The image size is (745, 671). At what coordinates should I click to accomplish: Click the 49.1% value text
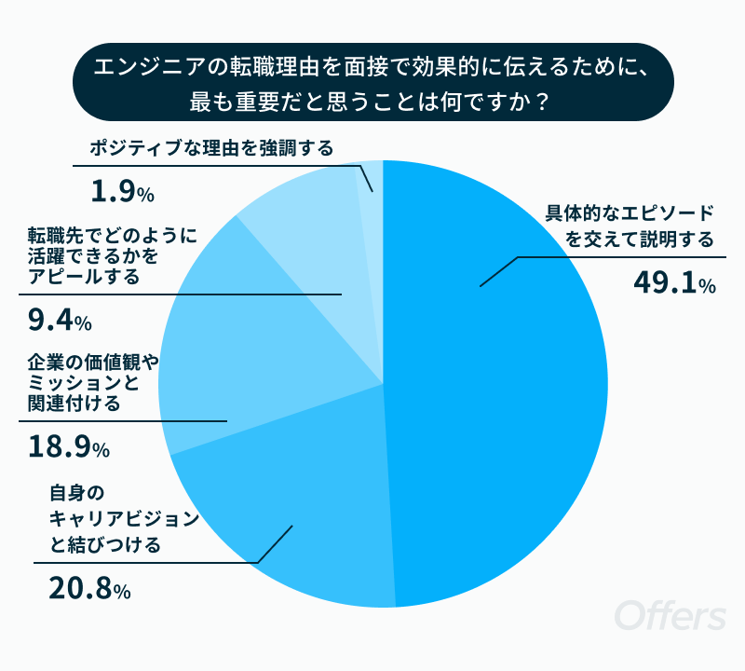pyautogui.click(x=674, y=283)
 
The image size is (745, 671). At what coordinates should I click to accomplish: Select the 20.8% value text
pyautogui.click(x=89, y=589)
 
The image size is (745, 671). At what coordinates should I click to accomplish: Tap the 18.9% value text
pyautogui.click(x=69, y=447)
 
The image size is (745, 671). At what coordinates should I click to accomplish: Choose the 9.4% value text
pyautogui.click(x=60, y=320)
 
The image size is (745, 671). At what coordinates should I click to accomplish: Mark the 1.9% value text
pyautogui.click(x=122, y=192)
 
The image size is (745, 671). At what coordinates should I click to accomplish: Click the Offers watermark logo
pyautogui.click(x=670, y=615)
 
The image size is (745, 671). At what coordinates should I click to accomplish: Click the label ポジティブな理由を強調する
pyautogui.click(x=211, y=148)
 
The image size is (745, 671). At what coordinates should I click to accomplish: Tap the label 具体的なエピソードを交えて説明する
pyautogui.click(x=630, y=226)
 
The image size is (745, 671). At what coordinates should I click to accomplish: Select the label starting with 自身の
pyautogui.click(x=124, y=519)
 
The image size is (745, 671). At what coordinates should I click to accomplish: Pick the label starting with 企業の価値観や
pyautogui.click(x=93, y=383)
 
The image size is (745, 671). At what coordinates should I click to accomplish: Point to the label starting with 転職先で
pyautogui.click(x=112, y=256)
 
